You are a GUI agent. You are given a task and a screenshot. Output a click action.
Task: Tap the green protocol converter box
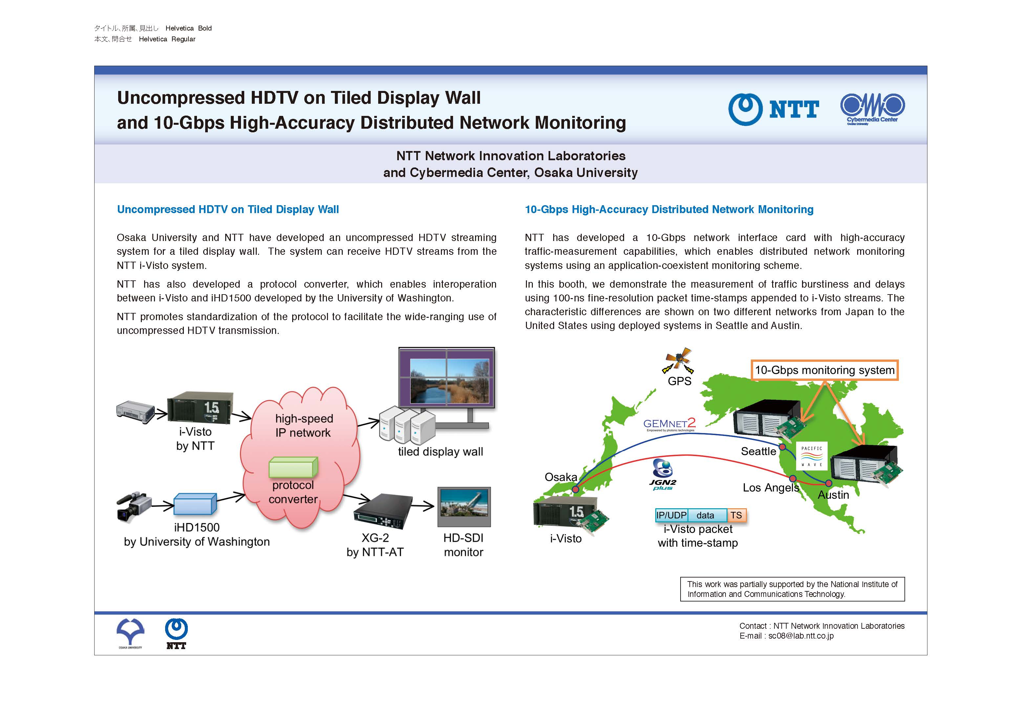[293, 467]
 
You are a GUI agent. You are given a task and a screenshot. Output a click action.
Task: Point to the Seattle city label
[758, 451]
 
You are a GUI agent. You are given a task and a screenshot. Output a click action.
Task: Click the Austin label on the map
[833, 495]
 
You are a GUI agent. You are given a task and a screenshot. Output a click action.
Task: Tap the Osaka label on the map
[561, 477]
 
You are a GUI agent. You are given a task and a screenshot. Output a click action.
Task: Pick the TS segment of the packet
[736, 515]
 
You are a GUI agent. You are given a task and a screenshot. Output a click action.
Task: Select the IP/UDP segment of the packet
[671, 515]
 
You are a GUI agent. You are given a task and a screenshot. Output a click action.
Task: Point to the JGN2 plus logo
[663, 474]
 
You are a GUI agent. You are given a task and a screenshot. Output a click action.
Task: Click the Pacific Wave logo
[812, 456]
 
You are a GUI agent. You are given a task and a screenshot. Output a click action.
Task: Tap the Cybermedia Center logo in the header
[872, 109]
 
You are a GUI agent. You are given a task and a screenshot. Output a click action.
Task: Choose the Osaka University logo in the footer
[130, 633]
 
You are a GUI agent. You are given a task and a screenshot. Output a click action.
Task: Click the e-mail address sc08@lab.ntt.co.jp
[801, 636]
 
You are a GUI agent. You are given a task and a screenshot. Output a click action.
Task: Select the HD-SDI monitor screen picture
[464, 503]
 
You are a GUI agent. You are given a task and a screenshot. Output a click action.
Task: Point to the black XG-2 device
[383, 511]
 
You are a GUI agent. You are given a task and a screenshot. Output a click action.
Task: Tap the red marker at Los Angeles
[793, 479]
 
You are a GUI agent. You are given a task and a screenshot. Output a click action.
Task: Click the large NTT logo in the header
[773, 109]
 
